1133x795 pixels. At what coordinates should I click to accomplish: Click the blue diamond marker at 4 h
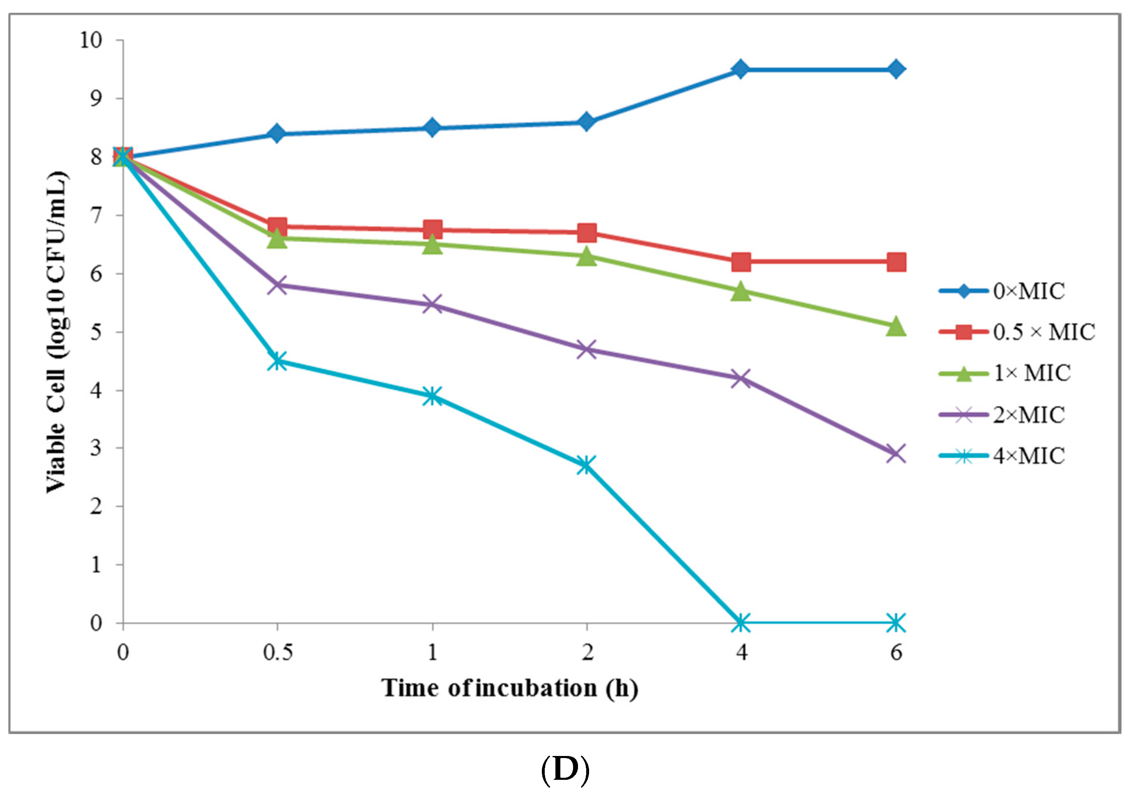(x=741, y=69)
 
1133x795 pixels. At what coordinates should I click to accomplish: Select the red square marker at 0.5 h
(x=278, y=227)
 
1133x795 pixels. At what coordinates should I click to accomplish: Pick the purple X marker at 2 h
(x=586, y=349)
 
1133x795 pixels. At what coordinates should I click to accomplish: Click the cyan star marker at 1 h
(x=432, y=396)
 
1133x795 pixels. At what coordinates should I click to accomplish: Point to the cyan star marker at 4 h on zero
(x=741, y=623)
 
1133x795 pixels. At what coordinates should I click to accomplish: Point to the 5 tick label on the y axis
(x=96, y=332)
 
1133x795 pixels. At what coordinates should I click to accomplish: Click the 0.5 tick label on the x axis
(x=278, y=653)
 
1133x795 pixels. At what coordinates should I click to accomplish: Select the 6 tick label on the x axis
(x=896, y=653)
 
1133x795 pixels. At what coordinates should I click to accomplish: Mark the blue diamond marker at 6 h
(x=896, y=69)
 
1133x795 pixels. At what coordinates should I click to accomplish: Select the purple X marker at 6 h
(x=896, y=453)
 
